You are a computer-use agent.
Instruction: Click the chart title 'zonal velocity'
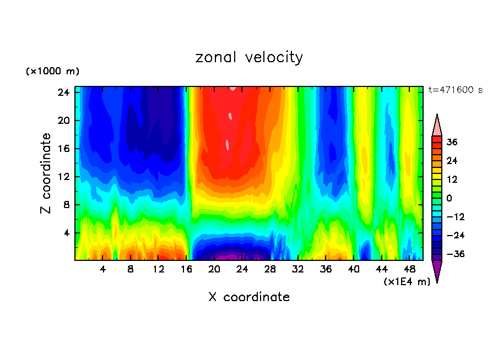click(249, 57)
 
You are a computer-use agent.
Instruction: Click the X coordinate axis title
click(249, 297)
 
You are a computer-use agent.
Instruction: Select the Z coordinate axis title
click(46, 173)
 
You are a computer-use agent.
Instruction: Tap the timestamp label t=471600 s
click(455, 90)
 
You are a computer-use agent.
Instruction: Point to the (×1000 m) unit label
click(52, 72)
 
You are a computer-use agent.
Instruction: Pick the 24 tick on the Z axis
click(63, 92)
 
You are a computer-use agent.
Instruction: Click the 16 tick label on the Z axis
click(63, 149)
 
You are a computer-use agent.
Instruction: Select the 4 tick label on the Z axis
click(66, 233)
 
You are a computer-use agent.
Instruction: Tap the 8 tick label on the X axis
click(131, 270)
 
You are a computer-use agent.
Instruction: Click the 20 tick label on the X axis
click(214, 270)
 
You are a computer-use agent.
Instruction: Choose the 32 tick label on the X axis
click(298, 270)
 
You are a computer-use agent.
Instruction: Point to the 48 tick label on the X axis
click(409, 270)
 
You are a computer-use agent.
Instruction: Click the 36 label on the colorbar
click(451, 142)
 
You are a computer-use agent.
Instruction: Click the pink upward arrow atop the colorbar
click(437, 126)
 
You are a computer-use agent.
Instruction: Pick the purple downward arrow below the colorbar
click(437, 271)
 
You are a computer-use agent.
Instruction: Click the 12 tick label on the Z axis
click(63, 177)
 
